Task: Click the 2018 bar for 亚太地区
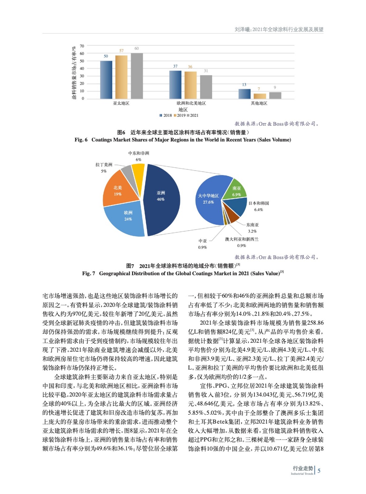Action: pos(106,80)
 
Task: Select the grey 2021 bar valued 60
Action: pos(137,76)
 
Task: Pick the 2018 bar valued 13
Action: pos(245,94)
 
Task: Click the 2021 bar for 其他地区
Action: pos(275,95)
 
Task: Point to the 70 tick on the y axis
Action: pos(82,46)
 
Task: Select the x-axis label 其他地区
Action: pos(259,103)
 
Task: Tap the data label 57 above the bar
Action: pos(121,51)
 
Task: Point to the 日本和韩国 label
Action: pos(259,203)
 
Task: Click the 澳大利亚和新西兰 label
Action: pos(242,239)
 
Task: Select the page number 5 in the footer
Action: pos(319,471)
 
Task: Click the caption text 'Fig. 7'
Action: pos(88,274)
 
